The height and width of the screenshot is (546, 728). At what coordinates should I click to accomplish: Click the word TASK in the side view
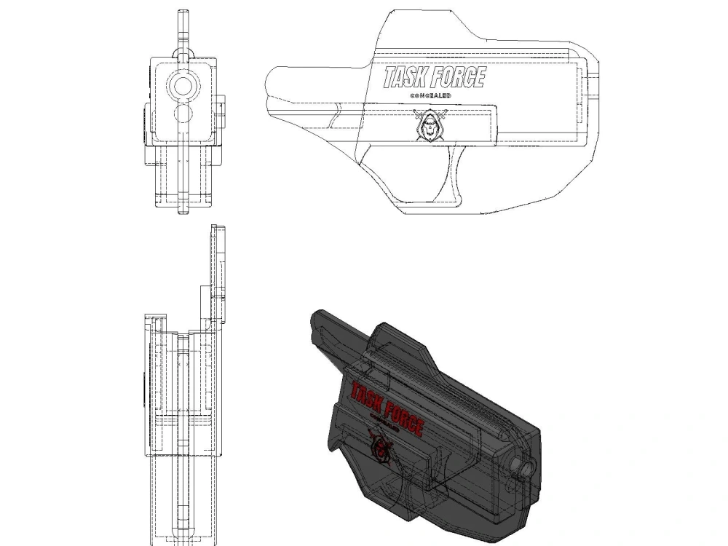(405, 77)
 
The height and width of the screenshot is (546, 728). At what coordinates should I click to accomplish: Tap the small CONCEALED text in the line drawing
(430, 95)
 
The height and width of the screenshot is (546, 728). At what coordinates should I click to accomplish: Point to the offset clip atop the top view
(218, 269)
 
